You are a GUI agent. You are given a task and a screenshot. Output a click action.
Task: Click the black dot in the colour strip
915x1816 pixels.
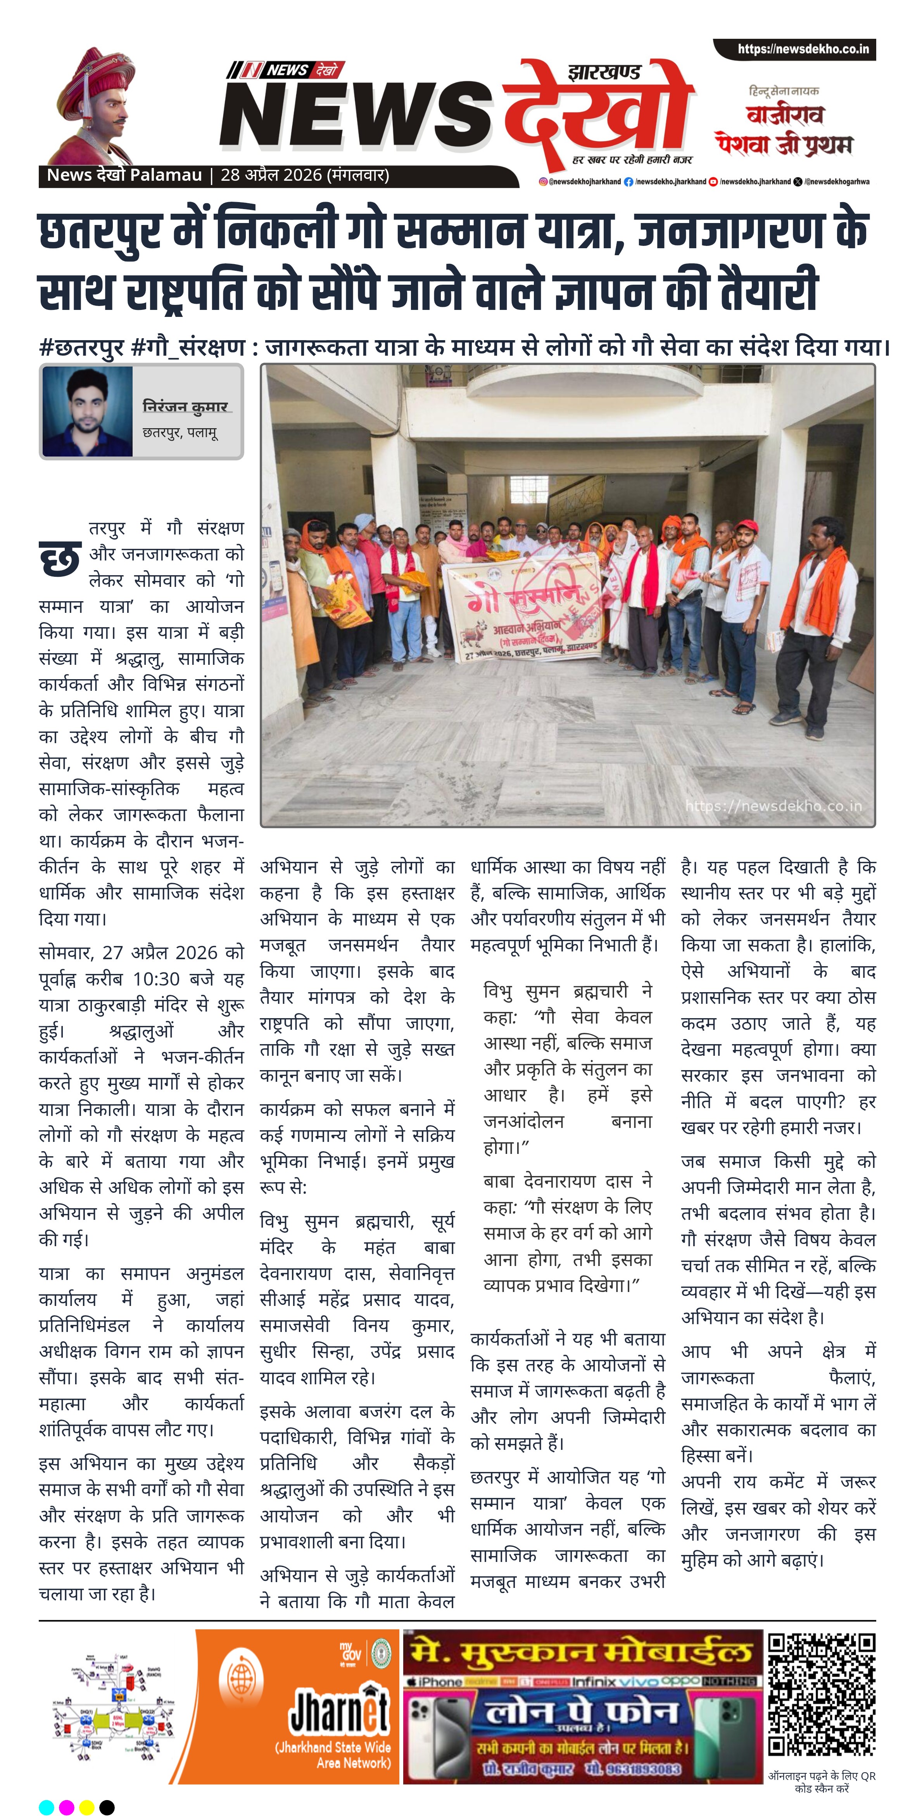pos(107,1807)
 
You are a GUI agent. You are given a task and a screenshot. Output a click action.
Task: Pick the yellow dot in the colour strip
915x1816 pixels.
pos(87,1807)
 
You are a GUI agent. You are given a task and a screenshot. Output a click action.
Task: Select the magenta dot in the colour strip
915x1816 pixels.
pos(66,1807)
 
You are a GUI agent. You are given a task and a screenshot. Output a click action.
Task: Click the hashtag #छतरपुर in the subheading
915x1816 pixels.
pos(82,348)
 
